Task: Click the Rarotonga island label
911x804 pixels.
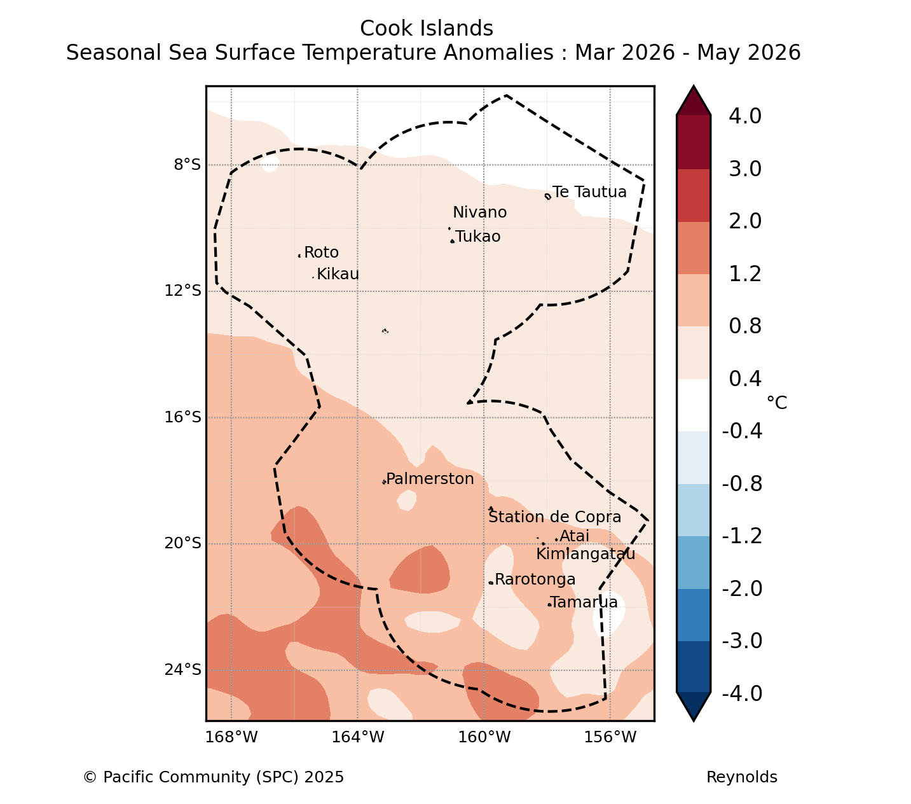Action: tap(535, 579)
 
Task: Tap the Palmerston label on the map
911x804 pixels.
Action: tap(430, 478)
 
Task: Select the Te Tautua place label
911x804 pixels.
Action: tap(589, 191)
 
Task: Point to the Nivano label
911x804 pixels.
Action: tap(479, 212)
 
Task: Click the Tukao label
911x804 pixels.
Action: tap(477, 236)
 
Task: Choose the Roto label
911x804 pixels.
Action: tap(321, 252)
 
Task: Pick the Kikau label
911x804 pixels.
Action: tap(338, 274)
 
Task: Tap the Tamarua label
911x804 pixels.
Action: tap(584, 602)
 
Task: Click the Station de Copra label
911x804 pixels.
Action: tap(554, 516)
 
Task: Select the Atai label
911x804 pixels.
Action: tap(574, 536)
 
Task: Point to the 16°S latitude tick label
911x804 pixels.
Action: tap(182, 417)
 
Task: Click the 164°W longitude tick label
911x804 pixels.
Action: tap(357, 737)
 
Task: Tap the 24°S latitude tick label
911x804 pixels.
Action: tap(182, 670)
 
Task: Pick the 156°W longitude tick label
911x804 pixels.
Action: tap(610, 737)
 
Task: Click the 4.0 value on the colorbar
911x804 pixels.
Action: tap(745, 116)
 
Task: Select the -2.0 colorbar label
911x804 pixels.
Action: tap(742, 588)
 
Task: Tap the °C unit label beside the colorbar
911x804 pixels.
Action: tap(777, 403)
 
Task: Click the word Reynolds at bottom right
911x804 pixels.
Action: tap(741, 777)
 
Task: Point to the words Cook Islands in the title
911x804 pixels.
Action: tap(427, 29)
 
